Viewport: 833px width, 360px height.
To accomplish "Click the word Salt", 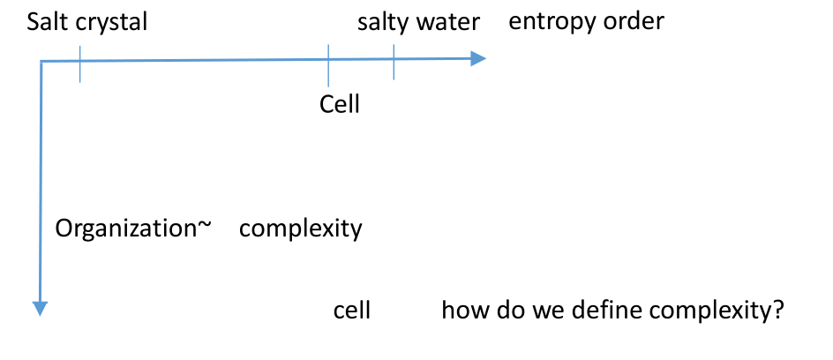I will (x=46, y=22).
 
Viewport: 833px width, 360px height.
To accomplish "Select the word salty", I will (x=381, y=22).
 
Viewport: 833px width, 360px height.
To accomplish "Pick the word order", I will (x=634, y=20).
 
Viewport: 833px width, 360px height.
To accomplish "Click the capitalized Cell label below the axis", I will (x=340, y=104).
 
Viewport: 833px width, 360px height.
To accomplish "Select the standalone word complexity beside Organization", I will (x=301, y=229).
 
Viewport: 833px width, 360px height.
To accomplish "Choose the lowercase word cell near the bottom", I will (x=351, y=311).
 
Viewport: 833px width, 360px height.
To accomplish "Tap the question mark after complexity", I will (x=779, y=311).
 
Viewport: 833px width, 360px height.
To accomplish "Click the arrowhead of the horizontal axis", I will (x=478, y=59).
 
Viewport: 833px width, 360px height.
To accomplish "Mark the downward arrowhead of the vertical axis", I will (x=40, y=307).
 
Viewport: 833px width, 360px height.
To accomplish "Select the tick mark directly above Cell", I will (x=328, y=64).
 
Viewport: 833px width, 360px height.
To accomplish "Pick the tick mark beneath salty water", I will (x=394, y=62).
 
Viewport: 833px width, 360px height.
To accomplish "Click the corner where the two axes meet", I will (x=41, y=62).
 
